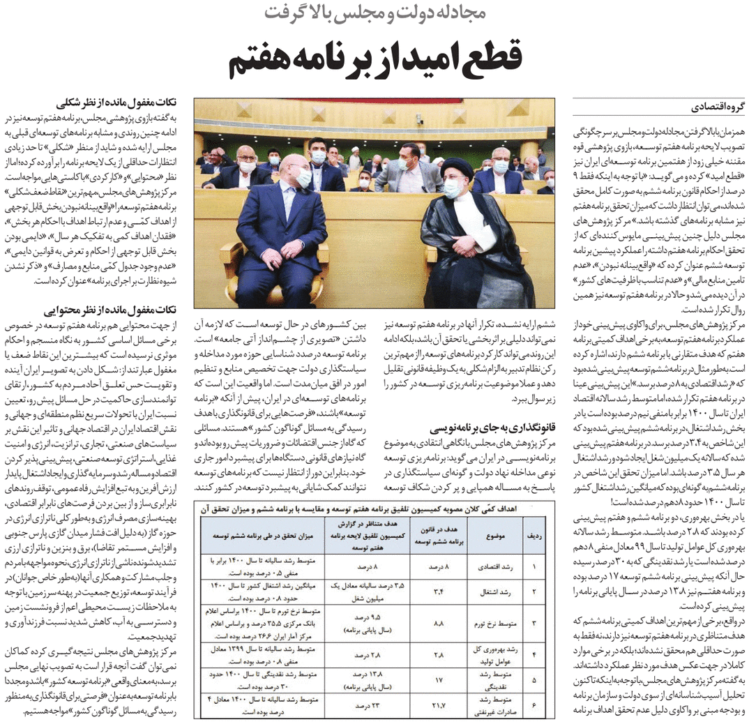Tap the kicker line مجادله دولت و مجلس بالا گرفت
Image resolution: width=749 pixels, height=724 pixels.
pos(374,13)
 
